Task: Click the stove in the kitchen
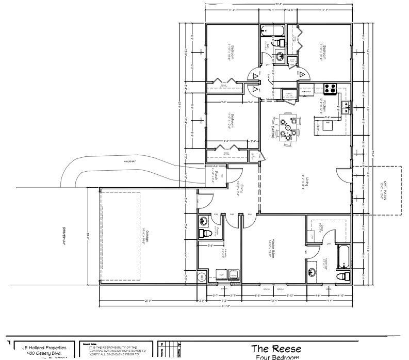[330, 88]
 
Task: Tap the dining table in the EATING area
[287, 127]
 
